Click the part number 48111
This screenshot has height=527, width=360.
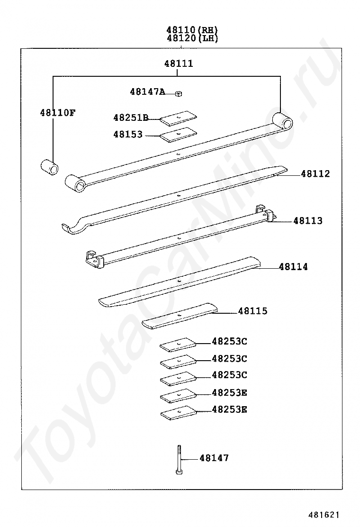(x=179, y=63)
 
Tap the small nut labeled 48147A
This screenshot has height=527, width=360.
(x=179, y=93)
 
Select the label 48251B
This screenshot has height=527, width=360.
(x=131, y=118)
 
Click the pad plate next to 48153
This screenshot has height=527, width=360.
(x=178, y=135)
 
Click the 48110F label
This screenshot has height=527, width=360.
(x=57, y=113)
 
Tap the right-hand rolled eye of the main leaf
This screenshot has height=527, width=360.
(x=282, y=121)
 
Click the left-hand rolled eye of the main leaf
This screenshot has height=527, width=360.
(x=76, y=183)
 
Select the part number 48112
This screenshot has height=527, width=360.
(x=315, y=174)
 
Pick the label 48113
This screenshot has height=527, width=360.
(x=308, y=221)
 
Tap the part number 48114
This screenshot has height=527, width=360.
(x=293, y=267)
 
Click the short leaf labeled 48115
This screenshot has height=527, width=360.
(x=180, y=316)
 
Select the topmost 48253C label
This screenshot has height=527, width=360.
(x=229, y=342)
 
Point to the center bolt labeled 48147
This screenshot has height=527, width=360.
(x=180, y=459)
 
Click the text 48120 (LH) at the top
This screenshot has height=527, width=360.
(x=192, y=38)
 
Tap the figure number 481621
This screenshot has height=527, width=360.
(x=324, y=515)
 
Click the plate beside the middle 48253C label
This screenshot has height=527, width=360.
(x=178, y=362)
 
